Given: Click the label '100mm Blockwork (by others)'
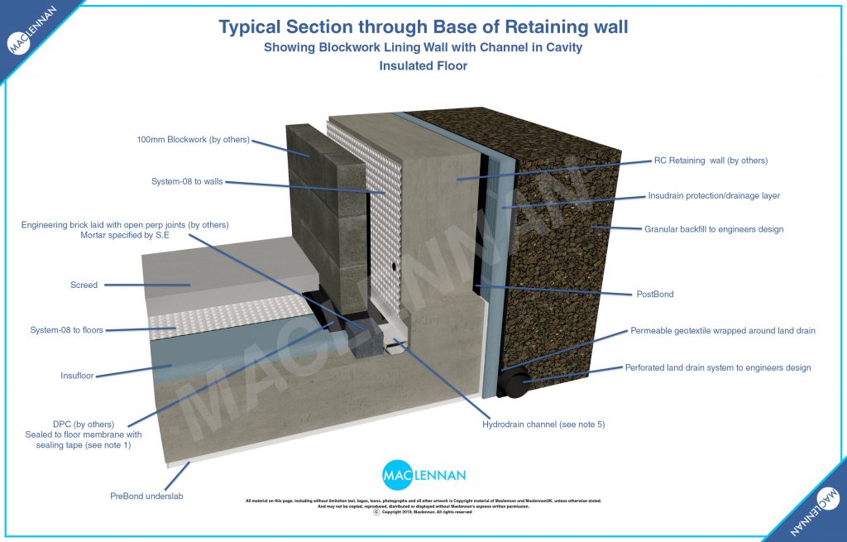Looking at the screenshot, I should (193, 139).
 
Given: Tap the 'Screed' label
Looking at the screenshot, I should (84, 285).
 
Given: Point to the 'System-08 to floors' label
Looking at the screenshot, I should (66, 330).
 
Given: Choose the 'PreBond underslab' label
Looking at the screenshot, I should (146, 496).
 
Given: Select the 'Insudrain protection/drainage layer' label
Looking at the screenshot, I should (713, 196).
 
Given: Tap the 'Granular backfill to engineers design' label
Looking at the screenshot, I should (713, 229).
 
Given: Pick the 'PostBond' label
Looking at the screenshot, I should (654, 293).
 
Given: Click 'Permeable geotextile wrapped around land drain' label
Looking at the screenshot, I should (722, 330).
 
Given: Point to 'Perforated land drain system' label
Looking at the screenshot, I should (717, 367).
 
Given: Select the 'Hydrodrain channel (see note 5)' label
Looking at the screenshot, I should (543, 424).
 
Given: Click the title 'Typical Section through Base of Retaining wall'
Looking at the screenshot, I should (423, 27).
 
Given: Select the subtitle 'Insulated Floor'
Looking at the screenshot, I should (423, 66).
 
